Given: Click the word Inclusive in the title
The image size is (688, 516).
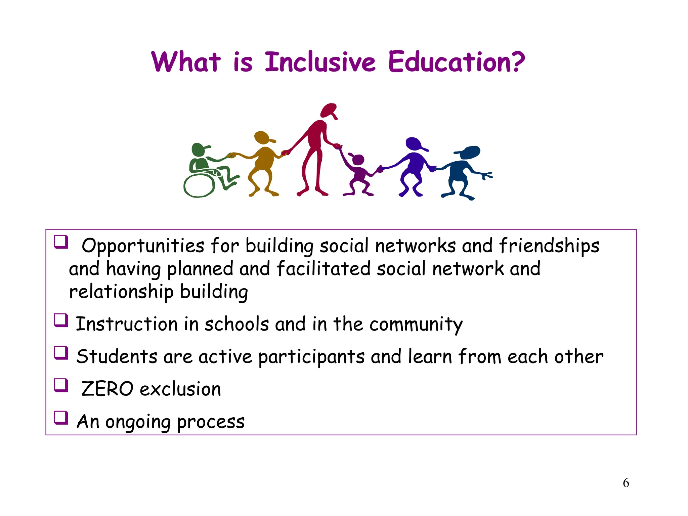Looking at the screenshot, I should coord(320,62).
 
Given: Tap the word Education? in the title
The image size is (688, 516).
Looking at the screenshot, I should coord(456,62).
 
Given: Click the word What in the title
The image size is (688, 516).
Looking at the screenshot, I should coord(186,62).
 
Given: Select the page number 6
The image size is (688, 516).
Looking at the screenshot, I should coord(626,483).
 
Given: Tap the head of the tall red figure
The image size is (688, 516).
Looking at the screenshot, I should coord(328,110).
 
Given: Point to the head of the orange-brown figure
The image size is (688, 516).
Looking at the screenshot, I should coord(262,137).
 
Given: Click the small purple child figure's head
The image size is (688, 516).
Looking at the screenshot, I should coord(358,160).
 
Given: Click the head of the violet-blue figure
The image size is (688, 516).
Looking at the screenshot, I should coord(414,143).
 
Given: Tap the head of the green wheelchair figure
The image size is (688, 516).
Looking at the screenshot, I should coord(199,149).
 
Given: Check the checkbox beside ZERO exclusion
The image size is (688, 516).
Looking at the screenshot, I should coord(61,385).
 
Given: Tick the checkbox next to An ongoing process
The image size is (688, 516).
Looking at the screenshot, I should coord(61,418).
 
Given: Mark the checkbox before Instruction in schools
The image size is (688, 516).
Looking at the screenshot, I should coord(61,320).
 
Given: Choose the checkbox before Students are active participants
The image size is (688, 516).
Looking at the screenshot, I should coord(61,353).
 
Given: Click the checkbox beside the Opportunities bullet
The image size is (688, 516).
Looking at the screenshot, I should coord(61,242).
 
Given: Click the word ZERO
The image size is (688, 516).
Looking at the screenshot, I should coord(107,389).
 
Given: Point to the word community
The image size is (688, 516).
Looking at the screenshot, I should coord(416,325).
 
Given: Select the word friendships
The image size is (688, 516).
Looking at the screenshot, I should coord(549,246).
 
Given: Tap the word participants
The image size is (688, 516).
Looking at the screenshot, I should coord(311,357).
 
